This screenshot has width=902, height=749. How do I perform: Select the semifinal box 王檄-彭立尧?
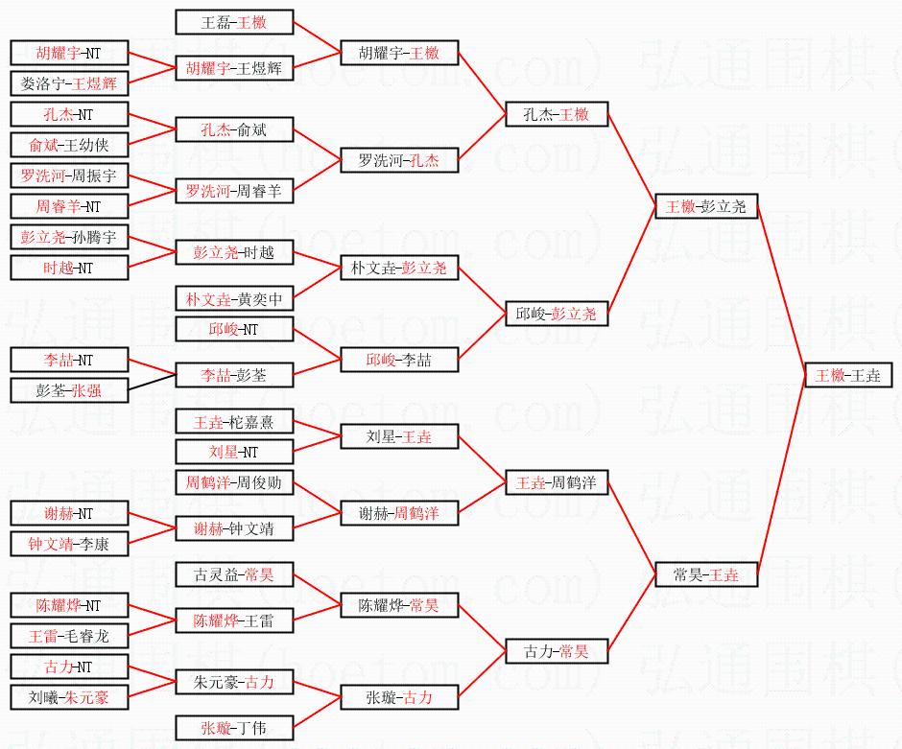pyautogui.click(x=705, y=206)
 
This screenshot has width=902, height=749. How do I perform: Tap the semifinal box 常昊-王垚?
pyautogui.click(x=705, y=574)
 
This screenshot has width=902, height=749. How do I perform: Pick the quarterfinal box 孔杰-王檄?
pyautogui.click(x=557, y=114)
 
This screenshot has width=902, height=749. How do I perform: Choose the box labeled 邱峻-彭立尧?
pyautogui.click(x=557, y=314)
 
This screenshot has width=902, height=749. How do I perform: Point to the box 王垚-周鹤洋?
pyautogui.click(x=557, y=482)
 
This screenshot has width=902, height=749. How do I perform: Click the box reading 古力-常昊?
pyautogui.click(x=557, y=651)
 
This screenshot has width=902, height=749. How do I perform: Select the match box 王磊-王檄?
pyautogui.click(x=234, y=22)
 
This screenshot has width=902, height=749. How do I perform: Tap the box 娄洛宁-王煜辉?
pyautogui.click(x=68, y=83)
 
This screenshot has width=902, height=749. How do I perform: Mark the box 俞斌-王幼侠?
pyautogui.click(x=68, y=145)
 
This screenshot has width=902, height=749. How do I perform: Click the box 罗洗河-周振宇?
pyautogui.click(x=68, y=176)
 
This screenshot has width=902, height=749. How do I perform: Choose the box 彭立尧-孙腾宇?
pyautogui.click(x=68, y=237)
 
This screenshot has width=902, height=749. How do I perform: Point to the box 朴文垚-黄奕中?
pyautogui.click(x=234, y=298)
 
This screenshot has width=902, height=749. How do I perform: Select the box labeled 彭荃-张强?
pyautogui.click(x=68, y=390)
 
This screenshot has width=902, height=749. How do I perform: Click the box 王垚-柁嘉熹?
pyautogui.click(x=234, y=421)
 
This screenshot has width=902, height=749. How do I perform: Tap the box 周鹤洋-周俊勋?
pyautogui.click(x=234, y=482)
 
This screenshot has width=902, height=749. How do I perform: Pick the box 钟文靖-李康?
pyautogui.click(x=68, y=544)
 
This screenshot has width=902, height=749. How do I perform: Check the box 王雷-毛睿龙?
pyautogui.click(x=68, y=636)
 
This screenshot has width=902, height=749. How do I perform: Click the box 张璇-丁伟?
pyautogui.click(x=234, y=728)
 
